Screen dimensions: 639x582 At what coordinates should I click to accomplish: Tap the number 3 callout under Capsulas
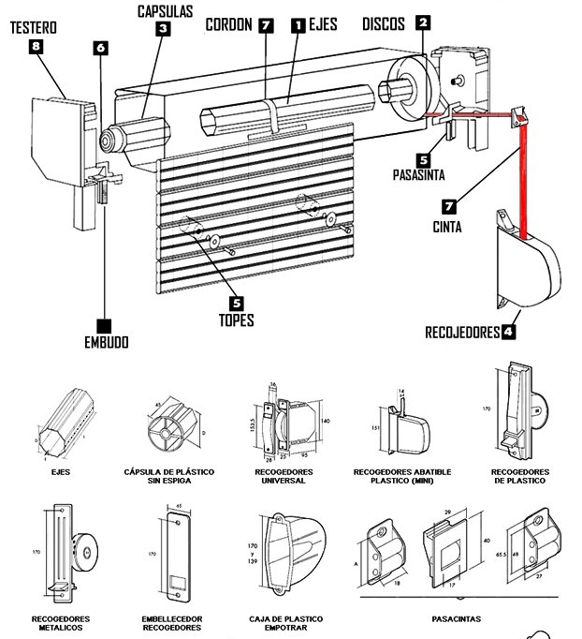[x=163, y=30]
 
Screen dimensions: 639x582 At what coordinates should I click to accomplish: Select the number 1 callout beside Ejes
[x=298, y=27]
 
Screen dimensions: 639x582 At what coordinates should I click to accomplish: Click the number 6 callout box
[x=100, y=47]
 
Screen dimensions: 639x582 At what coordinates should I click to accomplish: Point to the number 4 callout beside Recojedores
[x=509, y=331]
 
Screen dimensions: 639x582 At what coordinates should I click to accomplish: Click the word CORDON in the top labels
[x=230, y=25]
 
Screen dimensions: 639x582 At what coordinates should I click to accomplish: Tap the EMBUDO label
[x=104, y=343]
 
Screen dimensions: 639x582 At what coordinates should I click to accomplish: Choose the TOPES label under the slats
[x=236, y=319]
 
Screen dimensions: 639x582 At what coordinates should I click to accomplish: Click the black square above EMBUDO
[x=104, y=325]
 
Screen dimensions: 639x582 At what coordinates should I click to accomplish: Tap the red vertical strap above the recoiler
[x=524, y=178]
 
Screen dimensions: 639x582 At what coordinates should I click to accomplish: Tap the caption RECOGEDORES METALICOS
[x=60, y=623]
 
